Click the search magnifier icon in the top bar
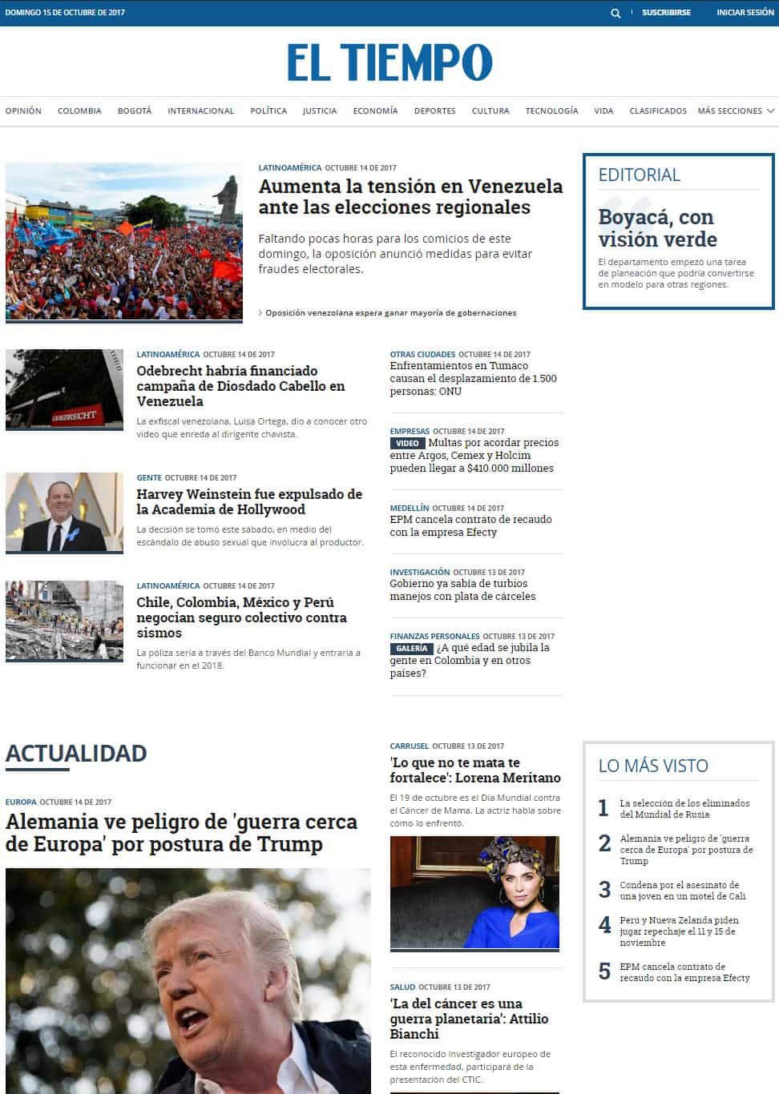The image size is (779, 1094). click(616, 13)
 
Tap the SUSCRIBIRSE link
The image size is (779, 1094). click(666, 13)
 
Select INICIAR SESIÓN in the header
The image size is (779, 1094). click(745, 13)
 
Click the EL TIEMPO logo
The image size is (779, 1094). click(389, 62)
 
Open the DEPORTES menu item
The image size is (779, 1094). click(434, 111)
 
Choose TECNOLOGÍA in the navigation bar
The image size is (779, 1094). click(551, 111)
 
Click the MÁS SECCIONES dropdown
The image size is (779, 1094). click(736, 111)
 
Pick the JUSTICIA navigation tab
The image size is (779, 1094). click(319, 111)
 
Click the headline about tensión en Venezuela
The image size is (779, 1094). click(410, 197)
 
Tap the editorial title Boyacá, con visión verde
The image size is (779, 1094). click(657, 228)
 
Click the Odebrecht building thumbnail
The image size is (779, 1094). click(64, 389)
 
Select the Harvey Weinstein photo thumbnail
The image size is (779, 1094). click(64, 513)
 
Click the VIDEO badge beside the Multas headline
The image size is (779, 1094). click(407, 443)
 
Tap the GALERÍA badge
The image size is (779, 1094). click(411, 648)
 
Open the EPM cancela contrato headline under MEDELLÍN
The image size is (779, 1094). click(470, 525)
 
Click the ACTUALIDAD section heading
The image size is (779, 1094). click(76, 754)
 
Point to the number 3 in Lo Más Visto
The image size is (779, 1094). click(605, 890)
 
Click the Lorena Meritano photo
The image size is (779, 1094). click(474, 892)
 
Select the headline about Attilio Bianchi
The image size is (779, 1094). click(469, 1019)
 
